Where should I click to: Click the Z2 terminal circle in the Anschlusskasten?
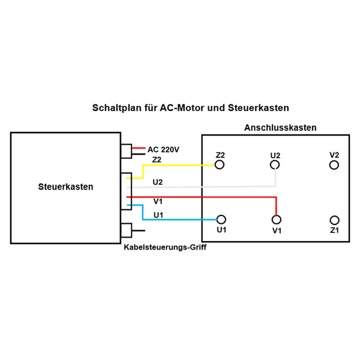220,164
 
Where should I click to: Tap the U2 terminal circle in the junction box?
275,164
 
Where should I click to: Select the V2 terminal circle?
335,164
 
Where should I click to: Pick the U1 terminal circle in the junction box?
221,220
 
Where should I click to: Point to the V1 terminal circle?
277,220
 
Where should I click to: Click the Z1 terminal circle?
335,220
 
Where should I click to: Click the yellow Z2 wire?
180,165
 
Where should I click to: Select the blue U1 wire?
180,220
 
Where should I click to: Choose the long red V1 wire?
204,197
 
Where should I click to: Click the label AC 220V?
164,149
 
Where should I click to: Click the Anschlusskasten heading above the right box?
280,128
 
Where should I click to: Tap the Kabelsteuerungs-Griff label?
165,247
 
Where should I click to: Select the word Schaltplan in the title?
117,109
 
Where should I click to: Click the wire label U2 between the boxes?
158,181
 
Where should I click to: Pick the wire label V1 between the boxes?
158,202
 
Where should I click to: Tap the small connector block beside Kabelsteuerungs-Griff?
127,230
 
